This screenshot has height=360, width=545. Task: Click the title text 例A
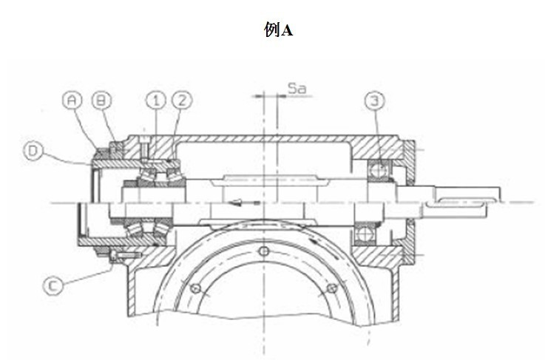click(278, 30)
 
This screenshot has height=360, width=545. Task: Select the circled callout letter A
click(72, 101)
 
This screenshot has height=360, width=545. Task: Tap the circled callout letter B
click(101, 101)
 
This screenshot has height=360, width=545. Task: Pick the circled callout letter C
click(53, 285)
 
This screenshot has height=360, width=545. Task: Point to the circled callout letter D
click(33, 151)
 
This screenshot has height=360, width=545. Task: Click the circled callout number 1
click(156, 101)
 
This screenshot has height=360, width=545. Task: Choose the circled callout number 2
click(183, 101)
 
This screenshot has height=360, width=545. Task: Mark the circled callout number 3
click(375, 101)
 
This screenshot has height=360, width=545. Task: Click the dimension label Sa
click(297, 88)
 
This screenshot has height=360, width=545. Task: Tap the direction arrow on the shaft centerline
click(245, 203)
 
